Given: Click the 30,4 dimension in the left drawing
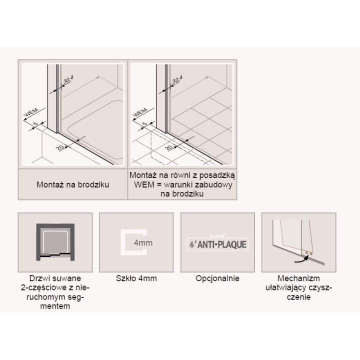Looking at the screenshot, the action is click(68, 79).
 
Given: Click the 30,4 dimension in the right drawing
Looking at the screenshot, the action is click(177, 79).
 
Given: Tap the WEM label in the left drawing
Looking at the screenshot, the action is click(32, 112).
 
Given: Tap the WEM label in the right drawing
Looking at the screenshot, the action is click(140, 112).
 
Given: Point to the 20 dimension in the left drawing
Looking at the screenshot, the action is click(60, 147).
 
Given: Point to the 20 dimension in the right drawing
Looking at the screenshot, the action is click(169, 147).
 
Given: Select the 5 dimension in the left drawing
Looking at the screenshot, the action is click(36, 124).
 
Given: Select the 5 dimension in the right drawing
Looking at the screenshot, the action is click(145, 124).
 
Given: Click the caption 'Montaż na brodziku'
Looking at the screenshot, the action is click(73, 184).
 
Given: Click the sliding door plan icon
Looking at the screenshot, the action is click(55, 242).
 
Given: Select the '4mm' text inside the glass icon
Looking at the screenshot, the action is click(143, 242).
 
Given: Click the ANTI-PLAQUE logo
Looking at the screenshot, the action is click(217, 244).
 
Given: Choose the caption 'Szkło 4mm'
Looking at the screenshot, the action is click(136, 278).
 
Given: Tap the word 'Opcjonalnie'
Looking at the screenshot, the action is click(217, 278).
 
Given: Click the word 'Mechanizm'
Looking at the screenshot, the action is click(298, 278).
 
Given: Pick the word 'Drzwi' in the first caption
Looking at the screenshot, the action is click(37, 278).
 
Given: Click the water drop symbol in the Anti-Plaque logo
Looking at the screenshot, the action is click(191, 244).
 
